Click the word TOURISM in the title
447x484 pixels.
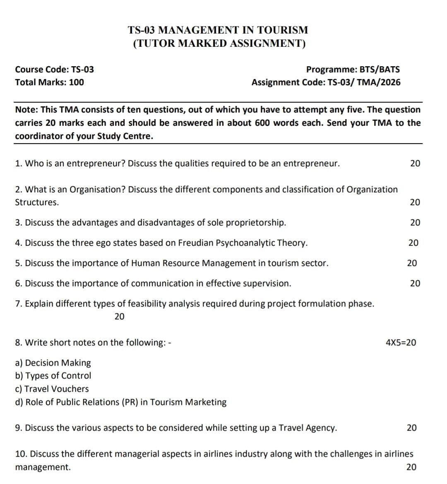coord(282,30)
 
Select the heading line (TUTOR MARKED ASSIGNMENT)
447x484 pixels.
coord(219,43)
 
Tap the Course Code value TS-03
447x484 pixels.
coord(83,69)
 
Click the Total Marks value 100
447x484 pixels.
coord(76,82)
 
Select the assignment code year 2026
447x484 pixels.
coord(390,82)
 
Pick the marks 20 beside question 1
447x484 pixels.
coord(415,163)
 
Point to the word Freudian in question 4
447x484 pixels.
coord(195,243)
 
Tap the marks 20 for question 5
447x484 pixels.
coord(412,263)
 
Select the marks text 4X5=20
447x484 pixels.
coord(401,343)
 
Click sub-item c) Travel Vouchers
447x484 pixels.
coord(52,389)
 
